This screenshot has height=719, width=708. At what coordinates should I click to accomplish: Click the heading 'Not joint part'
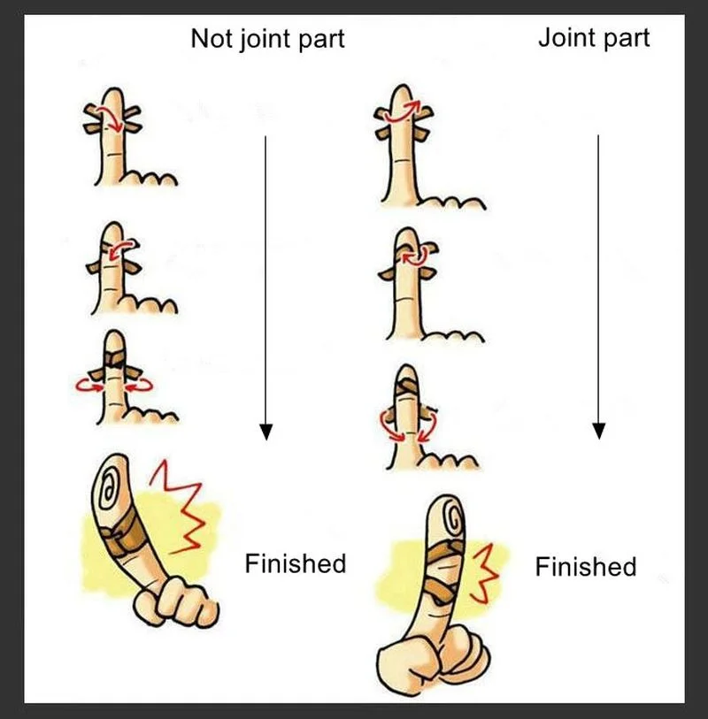pos(267,39)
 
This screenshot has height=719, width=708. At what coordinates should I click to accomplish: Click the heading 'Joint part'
pos(594,38)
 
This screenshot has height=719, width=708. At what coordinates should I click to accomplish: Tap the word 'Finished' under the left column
pos(295,562)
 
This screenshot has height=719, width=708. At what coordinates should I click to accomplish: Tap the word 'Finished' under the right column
pos(585,566)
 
